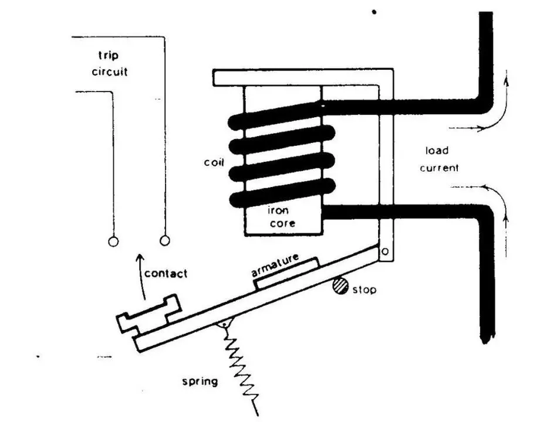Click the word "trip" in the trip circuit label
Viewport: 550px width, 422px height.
[109, 56]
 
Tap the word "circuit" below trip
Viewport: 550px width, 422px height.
[109, 72]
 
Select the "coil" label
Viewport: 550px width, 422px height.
[214, 162]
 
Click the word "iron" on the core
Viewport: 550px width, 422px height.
[278, 210]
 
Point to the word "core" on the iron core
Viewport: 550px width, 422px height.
[282, 223]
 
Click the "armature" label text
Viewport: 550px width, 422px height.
[275, 265]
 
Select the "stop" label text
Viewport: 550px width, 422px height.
[365, 290]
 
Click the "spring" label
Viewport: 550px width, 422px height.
[200, 382]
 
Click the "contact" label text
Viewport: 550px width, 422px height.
[166, 274]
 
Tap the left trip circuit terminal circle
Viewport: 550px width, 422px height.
[113, 241]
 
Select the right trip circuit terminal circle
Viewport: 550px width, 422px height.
[165, 240]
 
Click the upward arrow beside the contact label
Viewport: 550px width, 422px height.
[141, 277]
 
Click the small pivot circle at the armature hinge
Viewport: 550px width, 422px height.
[385, 251]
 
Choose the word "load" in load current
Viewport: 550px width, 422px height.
[437, 151]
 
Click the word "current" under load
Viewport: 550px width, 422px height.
[439, 168]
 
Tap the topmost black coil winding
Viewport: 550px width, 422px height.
[275, 115]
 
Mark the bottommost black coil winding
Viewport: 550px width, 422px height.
[282, 193]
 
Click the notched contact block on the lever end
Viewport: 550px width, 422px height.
[149, 313]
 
